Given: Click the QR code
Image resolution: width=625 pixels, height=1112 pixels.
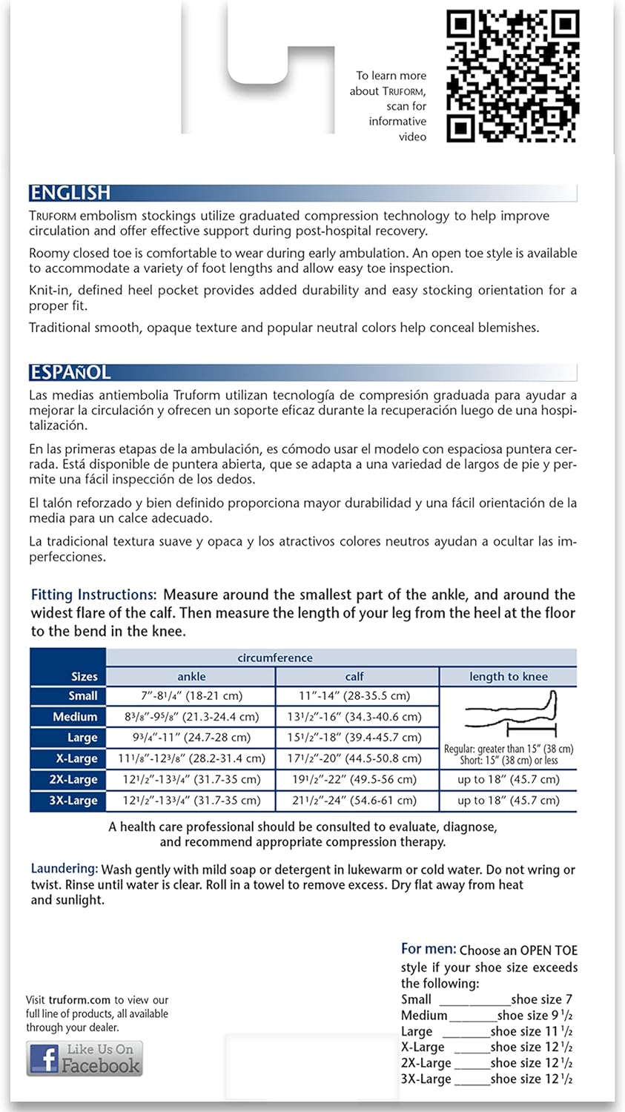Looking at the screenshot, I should click(512, 76).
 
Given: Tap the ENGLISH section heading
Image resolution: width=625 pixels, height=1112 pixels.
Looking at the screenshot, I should click(70, 193).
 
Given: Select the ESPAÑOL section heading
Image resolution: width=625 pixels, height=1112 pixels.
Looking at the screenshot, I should click(70, 372).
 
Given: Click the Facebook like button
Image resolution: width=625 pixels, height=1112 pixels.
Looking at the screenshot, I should click(85, 1059).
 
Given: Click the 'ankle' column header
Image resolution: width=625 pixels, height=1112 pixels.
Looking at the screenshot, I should click(191, 676).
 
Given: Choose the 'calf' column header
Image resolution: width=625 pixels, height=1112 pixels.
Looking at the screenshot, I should click(354, 676).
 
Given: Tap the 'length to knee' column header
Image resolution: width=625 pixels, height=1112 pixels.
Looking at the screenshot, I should click(508, 676).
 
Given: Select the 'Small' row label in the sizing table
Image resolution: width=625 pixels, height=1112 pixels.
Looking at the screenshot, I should click(82, 696).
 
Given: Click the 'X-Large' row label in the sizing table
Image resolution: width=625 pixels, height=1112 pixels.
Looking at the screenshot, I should click(76, 758).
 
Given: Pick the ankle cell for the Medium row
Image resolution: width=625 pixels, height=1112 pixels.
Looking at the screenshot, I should click(191, 717).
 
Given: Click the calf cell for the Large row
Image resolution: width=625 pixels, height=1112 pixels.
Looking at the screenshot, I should click(354, 738).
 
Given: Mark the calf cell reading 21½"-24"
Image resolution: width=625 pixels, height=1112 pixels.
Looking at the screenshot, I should click(354, 801).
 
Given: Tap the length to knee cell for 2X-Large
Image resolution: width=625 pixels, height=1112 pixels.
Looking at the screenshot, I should click(508, 780).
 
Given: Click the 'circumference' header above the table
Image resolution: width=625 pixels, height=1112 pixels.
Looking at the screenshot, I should click(274, 658).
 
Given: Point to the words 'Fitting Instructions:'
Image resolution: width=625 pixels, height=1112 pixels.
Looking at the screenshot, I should click(93, 595).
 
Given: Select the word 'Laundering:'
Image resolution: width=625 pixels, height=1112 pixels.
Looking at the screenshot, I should click(64, 869).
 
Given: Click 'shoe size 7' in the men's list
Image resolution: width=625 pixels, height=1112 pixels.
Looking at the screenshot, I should click(541, 999).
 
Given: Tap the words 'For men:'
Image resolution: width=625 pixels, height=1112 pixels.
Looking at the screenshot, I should click(429, 949).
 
